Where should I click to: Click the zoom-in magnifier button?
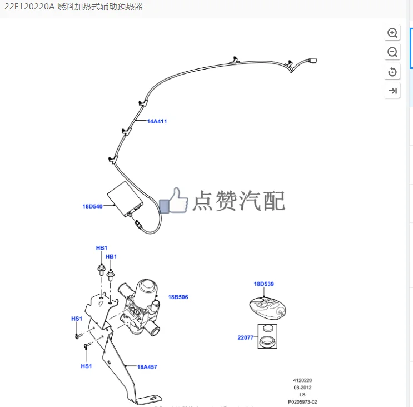pyautogui.click(x=392, y=33)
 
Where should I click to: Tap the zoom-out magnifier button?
pyautogui.click(x=392, y=52)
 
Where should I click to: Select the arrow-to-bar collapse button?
pyautogui.click(x=392, y=91)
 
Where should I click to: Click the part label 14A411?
pyautogui.click(x=157, y=121)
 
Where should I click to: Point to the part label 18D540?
pyautogui.click(x=93, y=206)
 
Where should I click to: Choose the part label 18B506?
pyautogui.click(x=178, y=297)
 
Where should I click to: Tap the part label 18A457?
pyautogui.click(x=147, y=366)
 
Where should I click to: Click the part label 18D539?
pyautogui.click(x=264, y=284)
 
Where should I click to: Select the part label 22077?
pyautogui.click(x=246, y=337)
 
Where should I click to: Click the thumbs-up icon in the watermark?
pyautogui.click(x=174, y=201)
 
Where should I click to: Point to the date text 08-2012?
pyautogui.click(x=303, y=388)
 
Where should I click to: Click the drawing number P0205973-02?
pyautogui.click(x=303, y=401)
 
